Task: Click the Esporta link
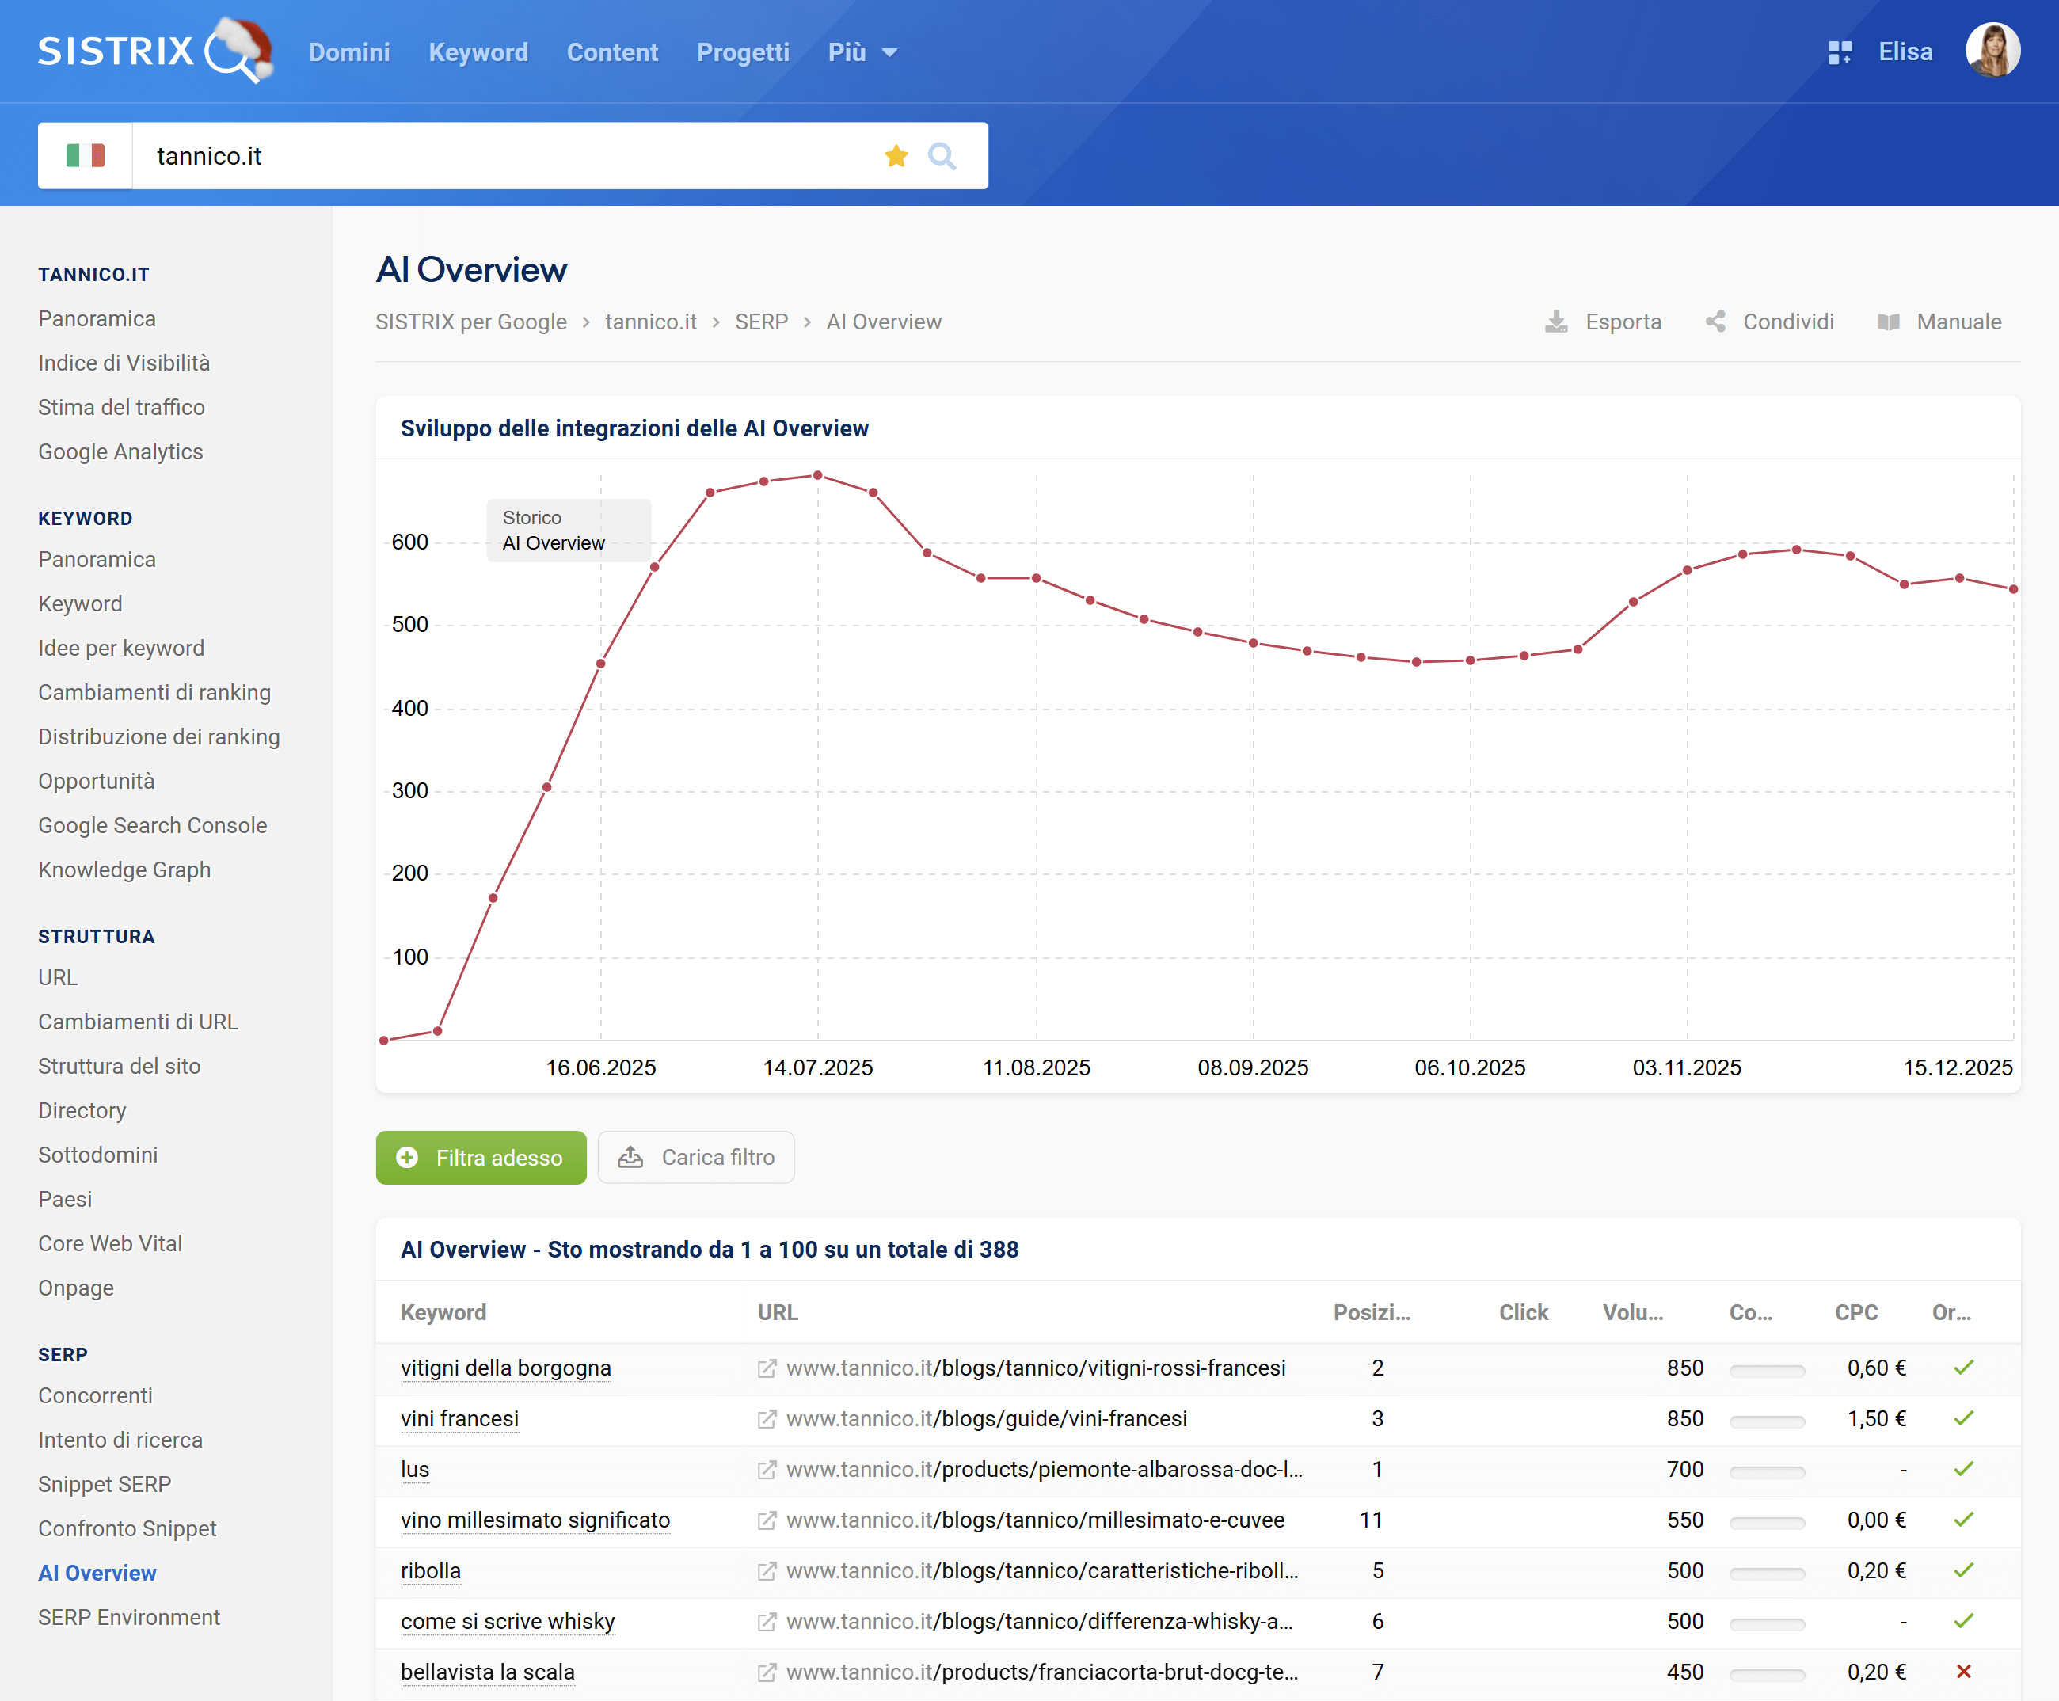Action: pos(1604,322)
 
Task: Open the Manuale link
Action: pos(1939,322)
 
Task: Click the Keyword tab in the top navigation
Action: pos(478,52)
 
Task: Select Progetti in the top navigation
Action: pos(743,52)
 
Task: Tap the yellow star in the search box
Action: pos(896,156)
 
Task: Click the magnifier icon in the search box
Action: pos(942,156)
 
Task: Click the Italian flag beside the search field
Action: pos(86,156)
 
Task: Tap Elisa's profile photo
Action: pos(1992,50)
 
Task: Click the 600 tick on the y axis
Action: pos(409,542)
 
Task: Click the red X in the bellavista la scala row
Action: pos(1963,1672)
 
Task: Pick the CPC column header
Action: pos(1855,1312)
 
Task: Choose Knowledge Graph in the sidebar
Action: pos(124,870)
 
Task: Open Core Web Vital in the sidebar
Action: pos(110,1242)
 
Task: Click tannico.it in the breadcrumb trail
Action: pos(651,322)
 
